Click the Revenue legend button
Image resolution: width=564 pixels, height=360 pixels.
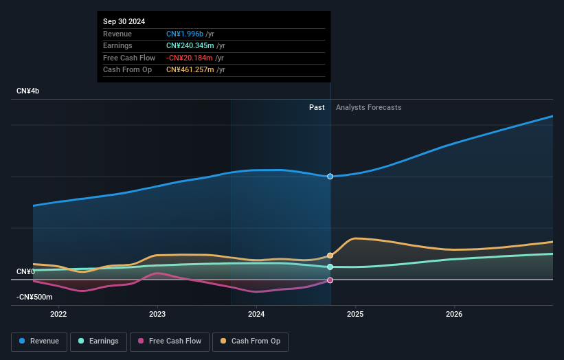point(39,341)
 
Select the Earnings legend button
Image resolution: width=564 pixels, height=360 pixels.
point(98,341)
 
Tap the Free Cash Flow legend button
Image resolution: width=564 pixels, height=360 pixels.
point(169,341)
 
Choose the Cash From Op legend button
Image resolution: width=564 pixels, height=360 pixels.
point(251,341)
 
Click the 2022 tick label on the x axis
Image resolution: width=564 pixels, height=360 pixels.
point(58,315)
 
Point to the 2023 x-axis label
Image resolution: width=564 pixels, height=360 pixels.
point(157,315)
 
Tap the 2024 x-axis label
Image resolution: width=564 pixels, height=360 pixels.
point(256,315)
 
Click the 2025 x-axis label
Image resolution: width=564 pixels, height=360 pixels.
point(355,315)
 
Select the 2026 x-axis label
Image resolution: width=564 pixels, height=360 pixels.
point(454,315)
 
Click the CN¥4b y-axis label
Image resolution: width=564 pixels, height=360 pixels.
point(27,91)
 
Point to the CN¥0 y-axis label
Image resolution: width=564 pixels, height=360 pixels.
point(26,272)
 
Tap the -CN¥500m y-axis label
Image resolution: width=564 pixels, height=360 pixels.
point(34,297)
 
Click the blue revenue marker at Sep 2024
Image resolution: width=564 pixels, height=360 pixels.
point(330,177)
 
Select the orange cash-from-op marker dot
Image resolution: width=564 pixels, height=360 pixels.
point(330,256)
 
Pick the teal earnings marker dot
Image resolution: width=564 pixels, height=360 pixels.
point(330,267)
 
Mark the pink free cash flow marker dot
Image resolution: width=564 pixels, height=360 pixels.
point(330,280)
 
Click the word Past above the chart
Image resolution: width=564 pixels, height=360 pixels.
point(317,107)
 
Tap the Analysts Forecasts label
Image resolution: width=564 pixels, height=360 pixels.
point(369,107)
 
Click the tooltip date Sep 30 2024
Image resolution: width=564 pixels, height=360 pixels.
point(124,22)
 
